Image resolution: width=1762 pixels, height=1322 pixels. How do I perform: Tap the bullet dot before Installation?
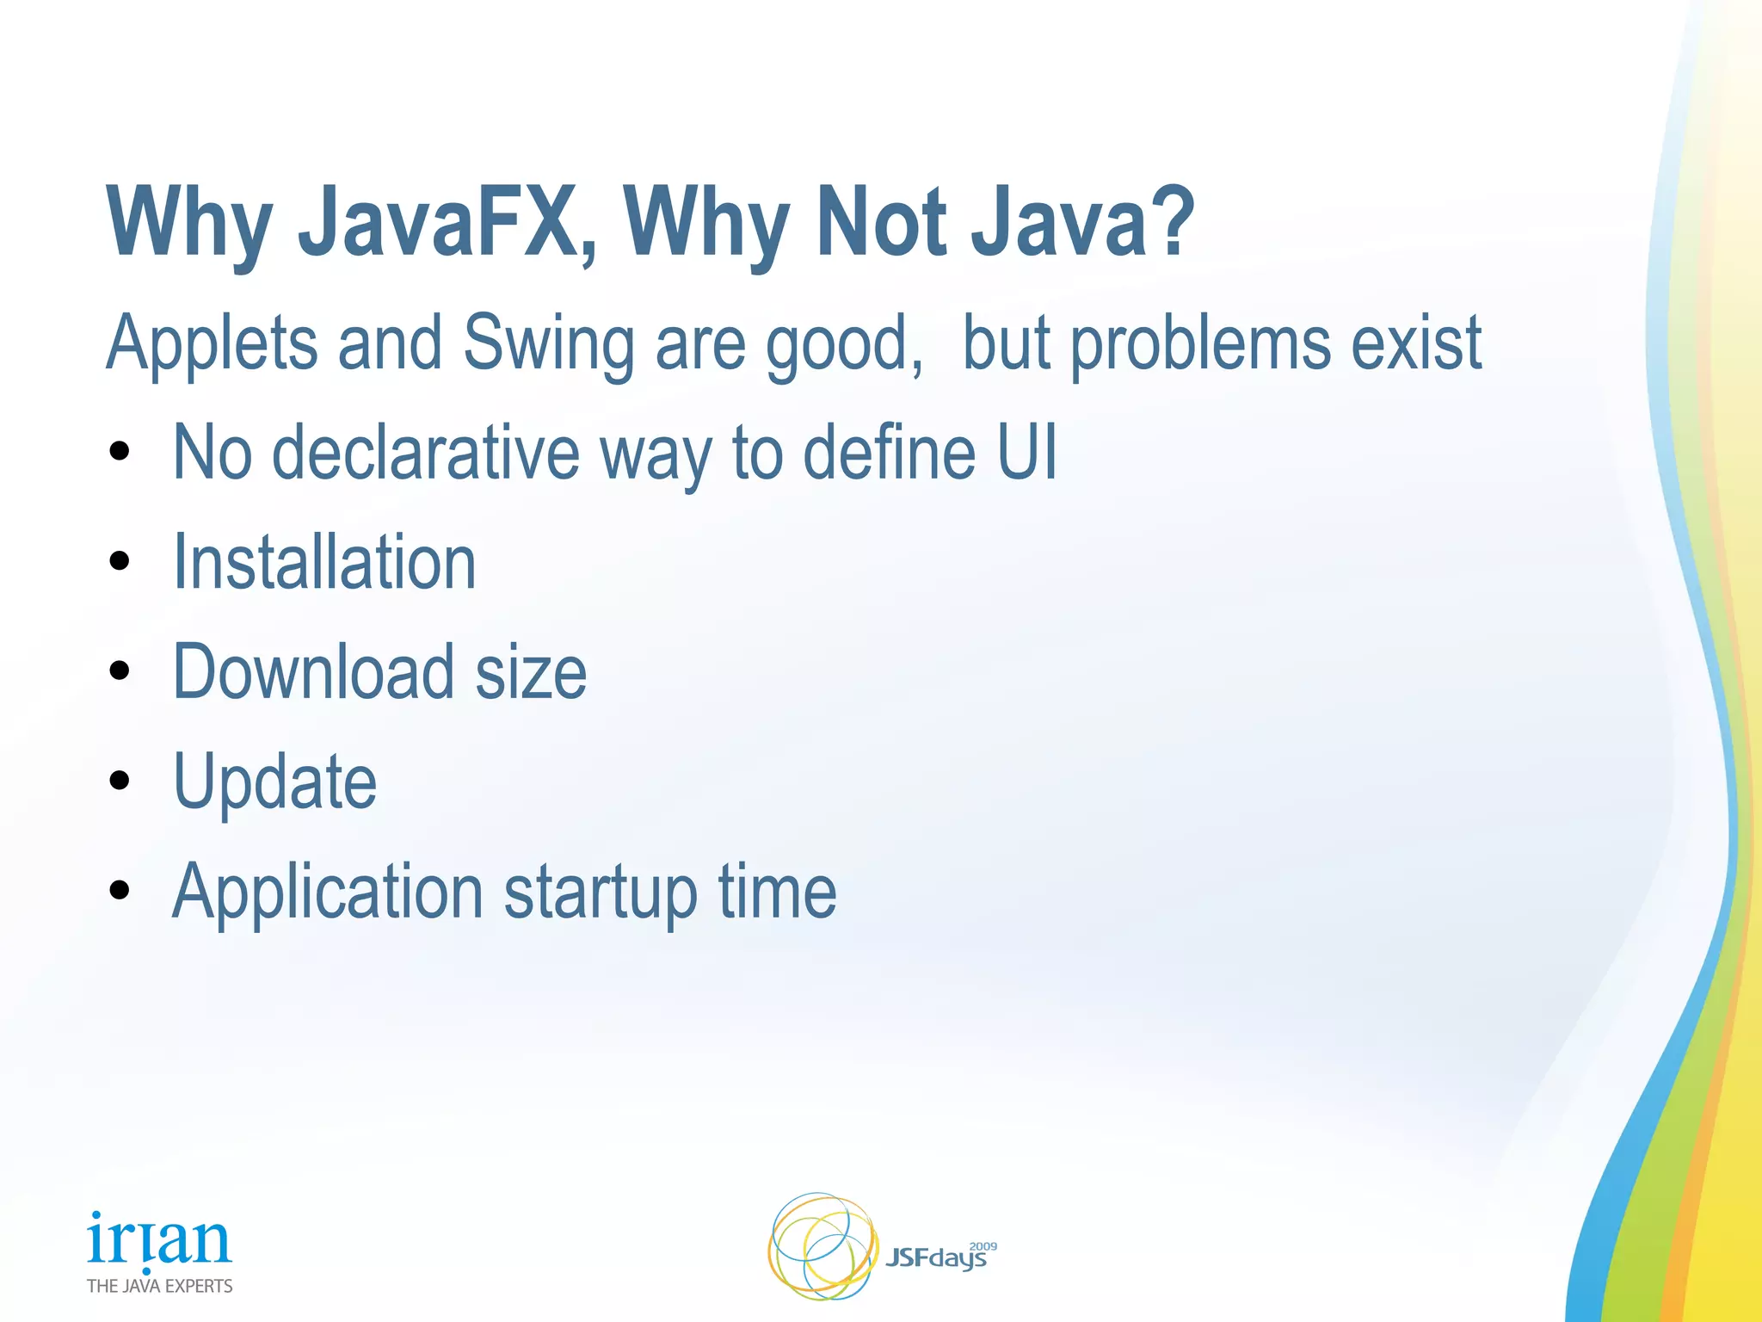click(120, 561)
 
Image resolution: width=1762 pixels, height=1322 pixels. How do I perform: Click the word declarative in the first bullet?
click(426, 453)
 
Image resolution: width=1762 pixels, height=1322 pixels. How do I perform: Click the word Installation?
click(324, 563)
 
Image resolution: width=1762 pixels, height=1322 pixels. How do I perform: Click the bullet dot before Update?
click(120, 781)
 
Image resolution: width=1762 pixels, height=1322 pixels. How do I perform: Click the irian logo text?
click(159, 1239)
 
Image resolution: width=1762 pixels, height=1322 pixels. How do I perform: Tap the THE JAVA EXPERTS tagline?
click(159, 1286)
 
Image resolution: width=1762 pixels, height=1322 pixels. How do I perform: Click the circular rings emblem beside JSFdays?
click(822, 1246)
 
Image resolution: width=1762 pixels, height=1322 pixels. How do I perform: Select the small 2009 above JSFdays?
click(983, 1246)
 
